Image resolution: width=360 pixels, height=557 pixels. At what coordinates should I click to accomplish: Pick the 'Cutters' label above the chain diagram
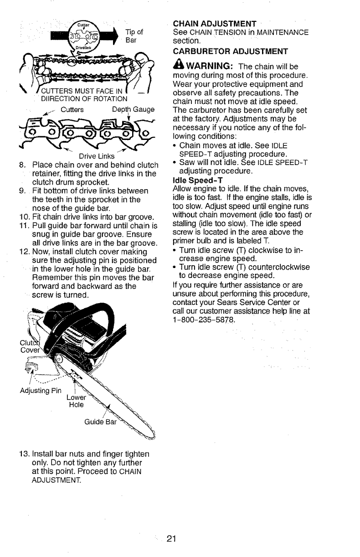[x=72, y=109]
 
